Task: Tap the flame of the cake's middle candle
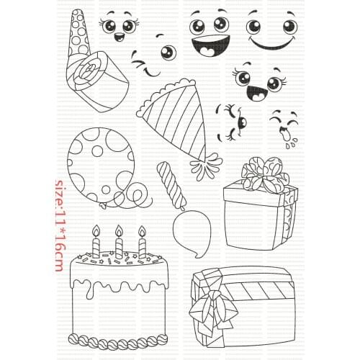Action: [119, 232]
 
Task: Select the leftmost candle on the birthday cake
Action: [94, 244]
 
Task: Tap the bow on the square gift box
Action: [258, 175]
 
